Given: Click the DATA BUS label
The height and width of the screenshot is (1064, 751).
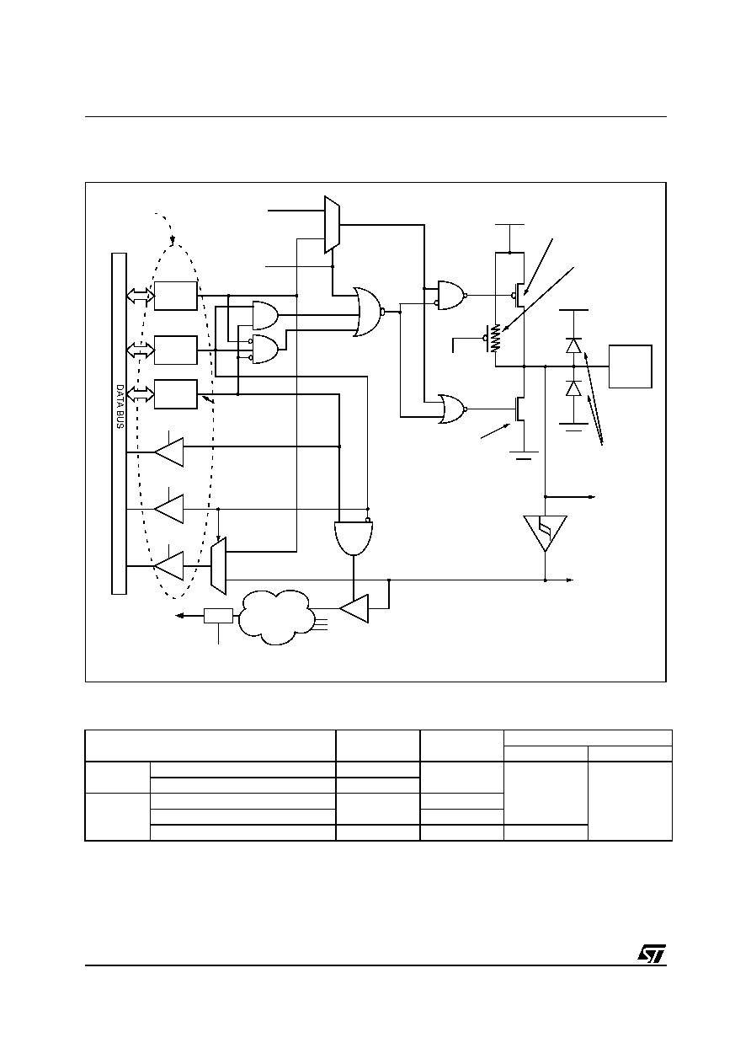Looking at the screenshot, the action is click(120, 407).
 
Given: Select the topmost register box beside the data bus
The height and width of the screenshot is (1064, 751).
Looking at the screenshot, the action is click(176, 296).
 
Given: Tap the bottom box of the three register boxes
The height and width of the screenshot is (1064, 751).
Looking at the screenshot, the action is click(176, 394).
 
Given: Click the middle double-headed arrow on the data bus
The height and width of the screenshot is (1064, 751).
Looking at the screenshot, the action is click(141, 350).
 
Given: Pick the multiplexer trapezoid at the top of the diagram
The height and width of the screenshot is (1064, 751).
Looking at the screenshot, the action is click(332, 225).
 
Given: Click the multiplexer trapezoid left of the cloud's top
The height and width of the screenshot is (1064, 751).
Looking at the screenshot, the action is click(219, 566).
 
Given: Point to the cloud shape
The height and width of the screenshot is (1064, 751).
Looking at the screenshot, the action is click(276, 617).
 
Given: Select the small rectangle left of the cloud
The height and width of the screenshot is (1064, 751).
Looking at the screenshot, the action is click(218, 616).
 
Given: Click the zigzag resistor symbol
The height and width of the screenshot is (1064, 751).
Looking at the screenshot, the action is click(496, 338).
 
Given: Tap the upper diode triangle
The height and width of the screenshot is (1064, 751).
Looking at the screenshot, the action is click(574, 345).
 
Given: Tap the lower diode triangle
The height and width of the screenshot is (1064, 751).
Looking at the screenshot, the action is click(574, 388).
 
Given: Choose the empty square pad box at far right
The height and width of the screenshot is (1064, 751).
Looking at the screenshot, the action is click(631, 366).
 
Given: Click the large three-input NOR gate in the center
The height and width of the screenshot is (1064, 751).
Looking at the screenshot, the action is click(368, 312).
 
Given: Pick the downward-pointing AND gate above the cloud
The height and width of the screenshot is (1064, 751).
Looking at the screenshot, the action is click(354, 538).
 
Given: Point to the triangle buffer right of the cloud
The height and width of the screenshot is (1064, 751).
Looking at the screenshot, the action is click(354, 608).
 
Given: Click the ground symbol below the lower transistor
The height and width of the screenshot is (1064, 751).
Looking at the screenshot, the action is click(524, 456).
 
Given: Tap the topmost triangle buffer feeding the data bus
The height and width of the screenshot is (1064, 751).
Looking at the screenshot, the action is click(168, 452).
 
